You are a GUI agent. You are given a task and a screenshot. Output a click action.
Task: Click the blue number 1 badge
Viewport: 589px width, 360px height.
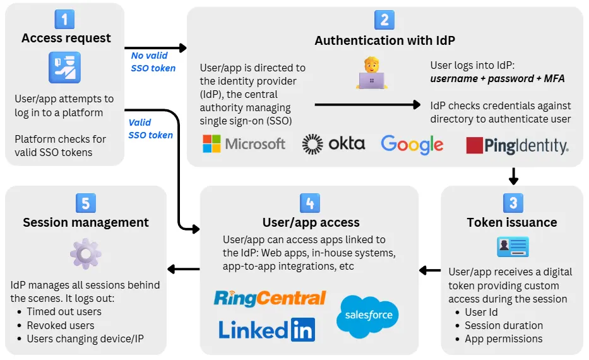pos(64,19)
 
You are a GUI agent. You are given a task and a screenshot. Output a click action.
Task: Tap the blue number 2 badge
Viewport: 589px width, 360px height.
pos(384,20)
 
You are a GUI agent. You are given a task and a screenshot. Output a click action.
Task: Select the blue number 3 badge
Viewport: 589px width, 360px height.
pos(512,202)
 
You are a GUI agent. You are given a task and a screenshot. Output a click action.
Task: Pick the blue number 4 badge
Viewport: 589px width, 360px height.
pos(309,202)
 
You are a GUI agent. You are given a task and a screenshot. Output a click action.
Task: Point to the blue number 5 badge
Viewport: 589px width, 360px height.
pos(85,202)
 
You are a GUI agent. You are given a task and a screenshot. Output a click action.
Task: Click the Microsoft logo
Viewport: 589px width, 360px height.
pos(244,144)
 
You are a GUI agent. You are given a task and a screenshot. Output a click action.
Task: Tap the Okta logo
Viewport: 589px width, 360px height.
pos(333,144)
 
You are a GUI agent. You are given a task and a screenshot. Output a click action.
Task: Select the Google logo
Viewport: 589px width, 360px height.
pos(412,145)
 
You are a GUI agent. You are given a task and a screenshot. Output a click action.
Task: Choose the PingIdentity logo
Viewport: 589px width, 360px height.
pos(517,146)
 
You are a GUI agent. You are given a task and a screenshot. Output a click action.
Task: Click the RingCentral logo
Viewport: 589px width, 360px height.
pos(270,298)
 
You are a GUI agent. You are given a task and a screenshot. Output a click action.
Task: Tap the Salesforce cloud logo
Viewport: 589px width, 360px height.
pos(367,314)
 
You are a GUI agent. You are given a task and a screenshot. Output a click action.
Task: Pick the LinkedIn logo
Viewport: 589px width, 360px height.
pos(266,330)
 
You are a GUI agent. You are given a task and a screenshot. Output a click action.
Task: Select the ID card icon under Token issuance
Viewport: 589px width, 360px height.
pos(512,247)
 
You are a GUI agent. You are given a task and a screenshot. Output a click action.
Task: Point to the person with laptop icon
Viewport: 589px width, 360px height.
pos(371,73)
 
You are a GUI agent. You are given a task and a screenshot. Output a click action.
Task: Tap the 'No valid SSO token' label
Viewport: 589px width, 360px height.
pos(153,62)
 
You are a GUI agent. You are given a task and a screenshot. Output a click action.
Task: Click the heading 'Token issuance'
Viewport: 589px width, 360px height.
pos(512,222)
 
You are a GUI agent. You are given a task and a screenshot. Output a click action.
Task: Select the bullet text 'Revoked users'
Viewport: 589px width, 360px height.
pos(61,325)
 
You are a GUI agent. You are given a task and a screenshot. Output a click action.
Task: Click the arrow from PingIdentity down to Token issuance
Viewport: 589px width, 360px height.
pos(513,175)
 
